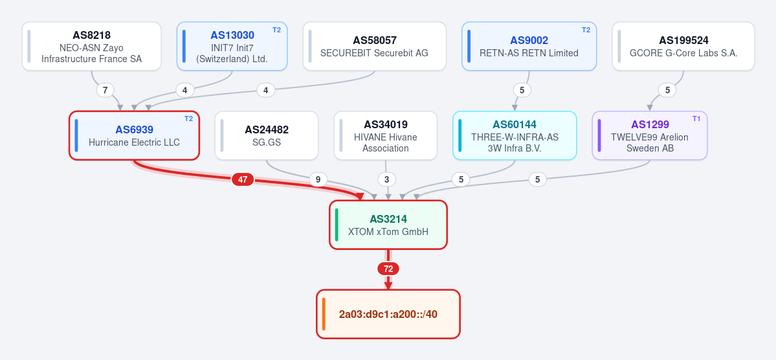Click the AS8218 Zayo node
pyautogui.click(x=91, y=47)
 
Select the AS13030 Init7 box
pyautogui.click(x=232, y=47)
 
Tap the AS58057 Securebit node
pyautogui.click(x=375, y=47)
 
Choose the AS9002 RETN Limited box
pyautogui.click(x=529, y=47)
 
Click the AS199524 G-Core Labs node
pyautogui.click(x=683, y=47)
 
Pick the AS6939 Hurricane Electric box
pyautogui.click(x=134, y=136)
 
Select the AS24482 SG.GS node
pyautogui.click(x=267, y=136)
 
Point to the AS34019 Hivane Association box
pyautogui.click(x=386, y=136)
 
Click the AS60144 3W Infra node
pyautogui.click(x=515, y=136)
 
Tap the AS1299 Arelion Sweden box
pyautogui.click(x=650, y=136)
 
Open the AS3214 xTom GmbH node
pyautogui.click(x=388, y=225)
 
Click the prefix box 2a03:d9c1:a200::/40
pyautogui.click(x=388, y=314)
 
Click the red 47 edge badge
pyautogui.click(x=243, y=180)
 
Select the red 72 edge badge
pyautogui.click(x=388, y=269)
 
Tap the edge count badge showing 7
pyautogui.click(x=105, y=90)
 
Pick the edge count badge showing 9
pyautogui.click(x=318, y=179)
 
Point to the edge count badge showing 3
pyautogui.click(x=386, y=179)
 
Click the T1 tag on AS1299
pyautogui.click(x=696, y=119)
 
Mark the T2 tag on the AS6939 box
pyautogui.click(x=188, y=119)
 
